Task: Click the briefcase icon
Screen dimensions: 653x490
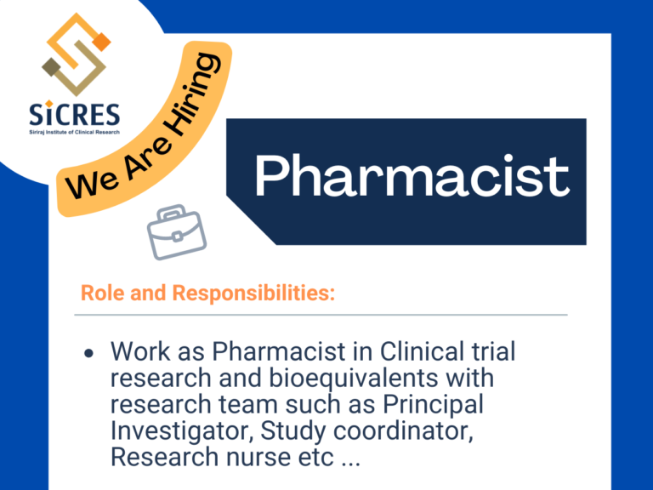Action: coord(177,231)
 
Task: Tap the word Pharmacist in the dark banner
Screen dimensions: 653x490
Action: coord(412,176)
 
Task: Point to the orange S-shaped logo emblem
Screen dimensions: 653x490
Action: coord(77,54)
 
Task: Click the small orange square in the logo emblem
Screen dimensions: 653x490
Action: coord(102,42)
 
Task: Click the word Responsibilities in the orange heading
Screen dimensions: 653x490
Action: coord(253,293)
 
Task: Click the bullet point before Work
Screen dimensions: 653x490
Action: coord(88,353)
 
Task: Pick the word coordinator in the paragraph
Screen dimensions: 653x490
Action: coord(403,430)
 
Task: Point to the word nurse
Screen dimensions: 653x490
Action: coord(258,458)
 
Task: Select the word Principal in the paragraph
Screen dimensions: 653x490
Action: coord(433,405)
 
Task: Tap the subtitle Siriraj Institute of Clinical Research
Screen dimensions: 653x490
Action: coord(75,132)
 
